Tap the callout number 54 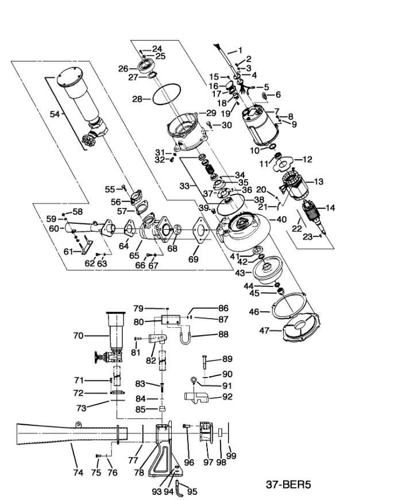[x=55, y=114]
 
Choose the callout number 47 [x=264, y=331]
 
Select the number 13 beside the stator [x=318, y=182]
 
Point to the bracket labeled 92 [x=196, y=397]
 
